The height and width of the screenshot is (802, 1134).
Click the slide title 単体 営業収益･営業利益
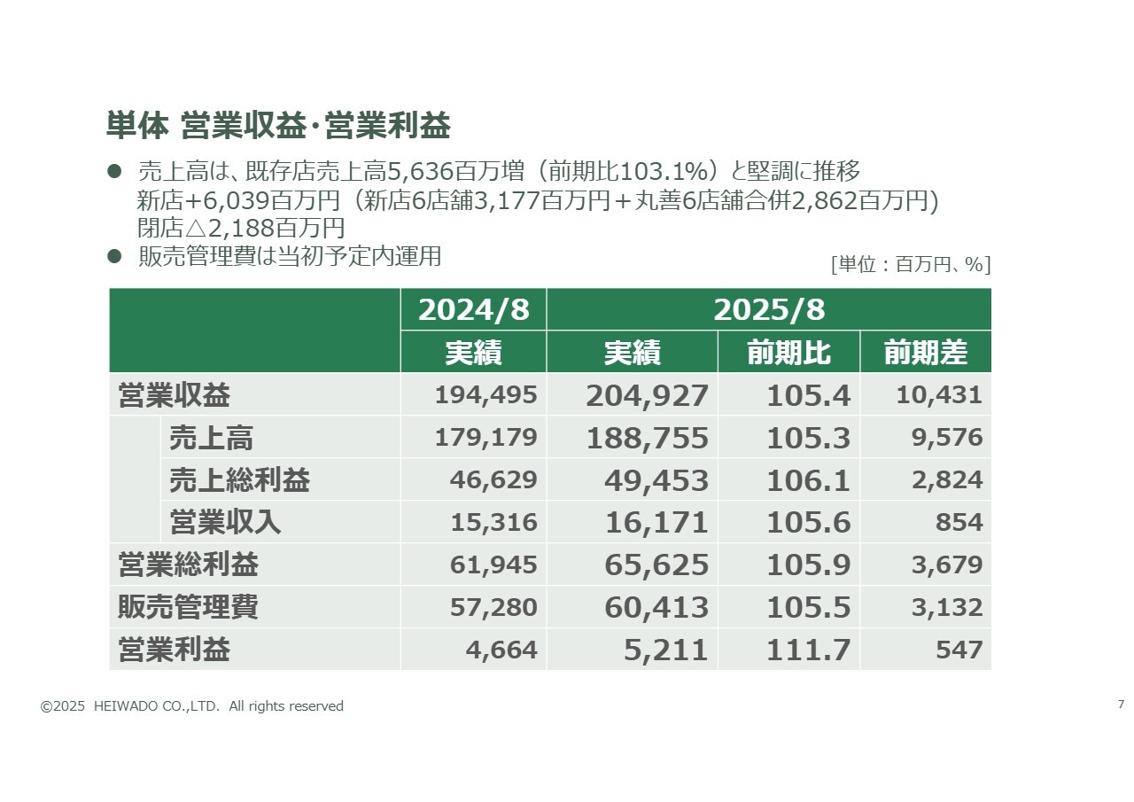[278, 127]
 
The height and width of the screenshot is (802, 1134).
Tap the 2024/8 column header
[473, 310]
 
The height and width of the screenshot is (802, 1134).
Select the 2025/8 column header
[768, 310]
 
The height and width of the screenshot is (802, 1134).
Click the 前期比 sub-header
[788, 353]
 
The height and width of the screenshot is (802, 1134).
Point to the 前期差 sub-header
[925, 353]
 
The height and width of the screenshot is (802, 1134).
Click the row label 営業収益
[174, 395]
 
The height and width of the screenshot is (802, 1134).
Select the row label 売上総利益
[239, 480]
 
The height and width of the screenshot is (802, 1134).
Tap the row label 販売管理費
[188, 608]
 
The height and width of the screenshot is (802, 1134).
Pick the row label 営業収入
[225, 523]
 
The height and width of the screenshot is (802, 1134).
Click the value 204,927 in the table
[647, 395]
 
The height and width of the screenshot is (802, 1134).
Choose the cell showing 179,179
[485, 438]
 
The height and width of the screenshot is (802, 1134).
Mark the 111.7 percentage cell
[808, 650]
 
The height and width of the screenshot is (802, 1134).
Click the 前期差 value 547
[959, 650]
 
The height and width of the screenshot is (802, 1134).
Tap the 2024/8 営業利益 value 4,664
[501, 650]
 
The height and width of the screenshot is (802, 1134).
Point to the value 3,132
[947, 608]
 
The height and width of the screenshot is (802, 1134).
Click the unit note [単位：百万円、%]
[910, 265]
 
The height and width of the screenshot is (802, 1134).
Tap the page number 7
[1121, 705]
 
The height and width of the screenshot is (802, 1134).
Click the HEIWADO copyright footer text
[192, 706]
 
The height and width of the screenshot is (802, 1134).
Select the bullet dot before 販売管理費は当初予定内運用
[113, 256]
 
